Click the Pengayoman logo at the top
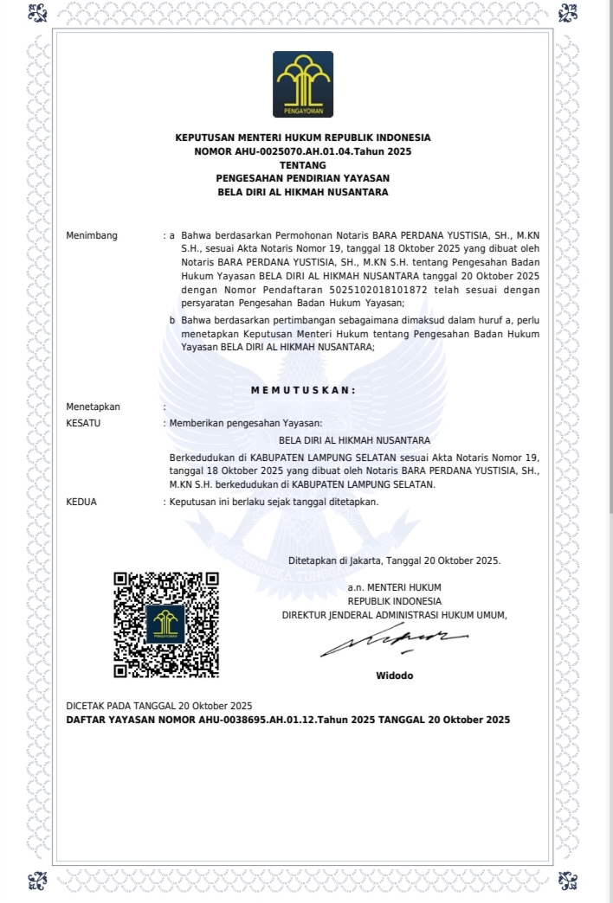303,84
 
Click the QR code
166,624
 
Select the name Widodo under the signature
395,675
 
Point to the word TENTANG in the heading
303,164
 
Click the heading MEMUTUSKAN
303,390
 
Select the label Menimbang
91,235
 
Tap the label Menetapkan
94,407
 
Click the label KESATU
84,423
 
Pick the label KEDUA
82,502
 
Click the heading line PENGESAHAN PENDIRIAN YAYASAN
303,178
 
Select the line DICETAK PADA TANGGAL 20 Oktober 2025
159,706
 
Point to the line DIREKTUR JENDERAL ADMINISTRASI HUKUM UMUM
394,615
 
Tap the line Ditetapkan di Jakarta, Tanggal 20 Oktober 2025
394,560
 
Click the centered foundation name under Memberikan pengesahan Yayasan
349,440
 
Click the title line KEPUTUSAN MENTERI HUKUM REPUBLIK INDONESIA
303,138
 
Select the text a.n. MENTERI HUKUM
394,587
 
